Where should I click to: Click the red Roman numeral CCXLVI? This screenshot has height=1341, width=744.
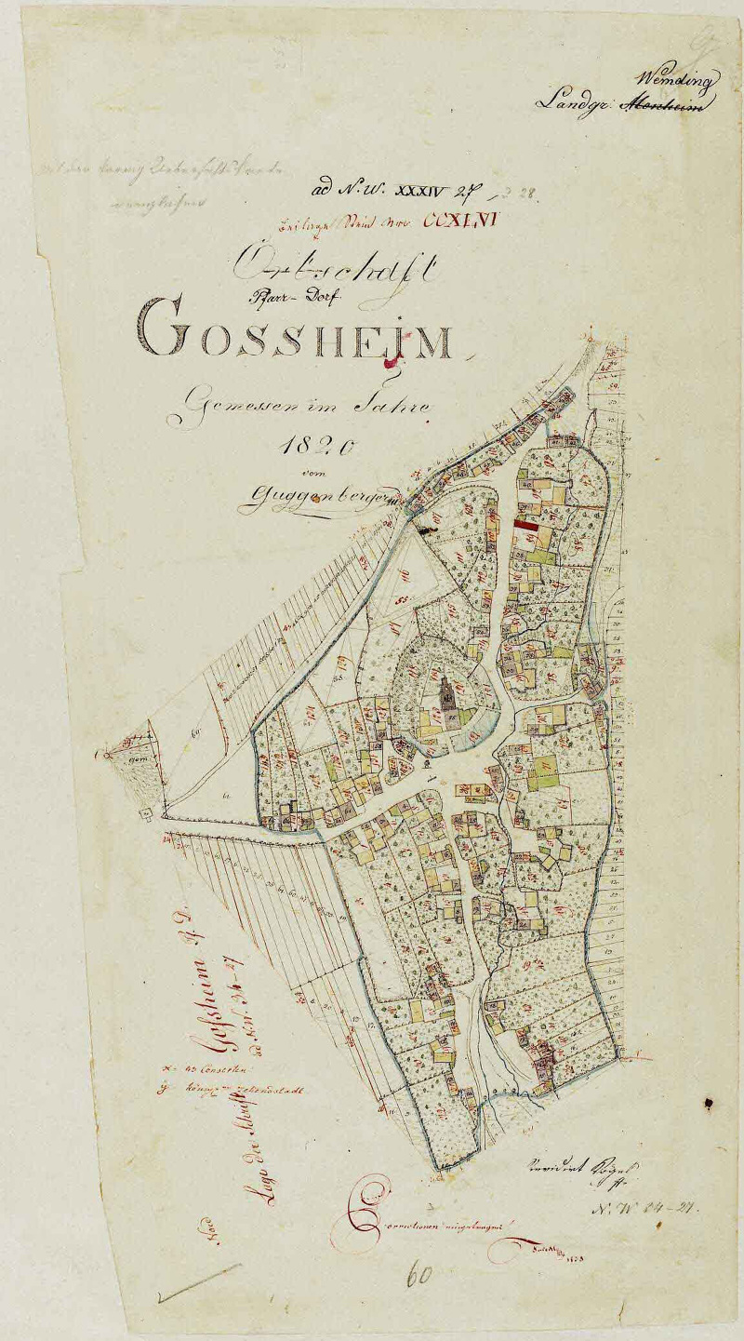coord(462,222)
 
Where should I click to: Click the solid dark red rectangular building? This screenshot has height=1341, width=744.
coord(526,526)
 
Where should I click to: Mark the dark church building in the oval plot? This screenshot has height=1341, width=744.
coord(448,692)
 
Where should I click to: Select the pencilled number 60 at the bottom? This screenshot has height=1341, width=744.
coord(419,1274)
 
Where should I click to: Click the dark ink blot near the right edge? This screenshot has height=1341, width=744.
coord(709,1104)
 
